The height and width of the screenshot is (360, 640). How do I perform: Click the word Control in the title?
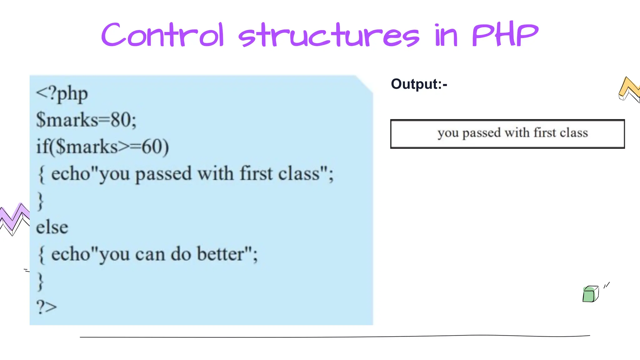tap(162, 35)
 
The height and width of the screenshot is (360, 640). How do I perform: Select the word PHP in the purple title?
tap(505, 35)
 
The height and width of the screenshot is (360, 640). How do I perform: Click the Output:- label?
tap(419, 84)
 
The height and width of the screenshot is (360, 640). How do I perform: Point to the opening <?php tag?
tap(62, 94)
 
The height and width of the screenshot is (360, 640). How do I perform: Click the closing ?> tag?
tap(47, 307)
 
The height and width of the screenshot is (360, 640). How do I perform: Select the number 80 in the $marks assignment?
tap(120, 120)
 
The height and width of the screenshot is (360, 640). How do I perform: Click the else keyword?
tap(52, 227)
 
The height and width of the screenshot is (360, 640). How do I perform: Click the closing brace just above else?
tap(40, 201)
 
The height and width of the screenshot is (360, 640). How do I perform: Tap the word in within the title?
tap(446, 36)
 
